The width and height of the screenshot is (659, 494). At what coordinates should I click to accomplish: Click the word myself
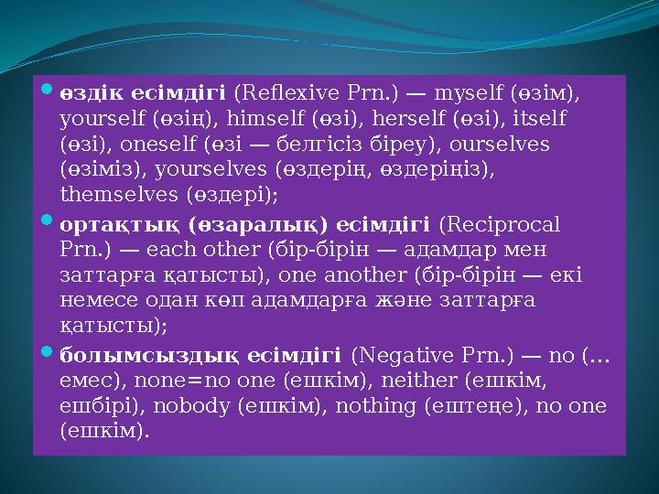[x=465, y=92]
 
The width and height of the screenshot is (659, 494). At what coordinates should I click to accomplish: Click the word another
[x=384, y=275]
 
